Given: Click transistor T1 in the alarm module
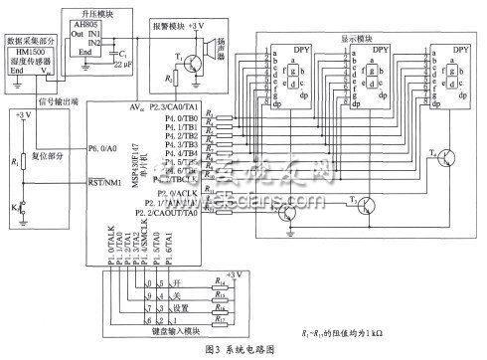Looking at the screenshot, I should [x=189, y=61].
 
